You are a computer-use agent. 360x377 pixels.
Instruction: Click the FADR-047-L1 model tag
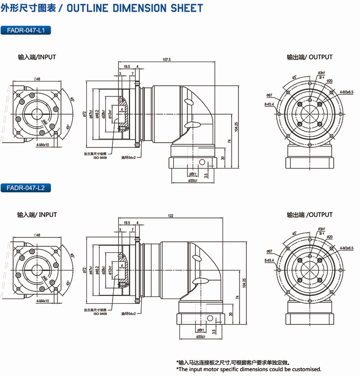tap(26, 31)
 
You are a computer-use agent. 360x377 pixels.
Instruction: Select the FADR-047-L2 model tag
tap(26, 187)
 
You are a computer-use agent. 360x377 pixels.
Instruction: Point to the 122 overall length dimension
tap(171, 216)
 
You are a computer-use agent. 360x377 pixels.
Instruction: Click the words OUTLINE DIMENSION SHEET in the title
tap(136, 8)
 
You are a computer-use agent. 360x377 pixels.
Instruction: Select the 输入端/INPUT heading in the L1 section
tap(37, 57)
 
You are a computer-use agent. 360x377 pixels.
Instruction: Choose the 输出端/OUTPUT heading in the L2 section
tap(309, 215)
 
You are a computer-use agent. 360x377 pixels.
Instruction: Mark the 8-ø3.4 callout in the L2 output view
tap(270, 260)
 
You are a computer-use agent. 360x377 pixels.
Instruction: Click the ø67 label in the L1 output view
tap(269, 95)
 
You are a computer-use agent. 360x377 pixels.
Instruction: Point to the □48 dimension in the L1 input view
tap(37, 79)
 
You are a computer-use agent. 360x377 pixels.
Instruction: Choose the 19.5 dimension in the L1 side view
tap(128, 67)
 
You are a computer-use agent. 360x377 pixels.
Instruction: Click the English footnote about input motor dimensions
tap(248, 369)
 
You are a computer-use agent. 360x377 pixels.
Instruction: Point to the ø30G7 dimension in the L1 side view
tap(193, 181)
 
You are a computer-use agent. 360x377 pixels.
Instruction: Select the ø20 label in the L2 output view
tap(329, 237)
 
